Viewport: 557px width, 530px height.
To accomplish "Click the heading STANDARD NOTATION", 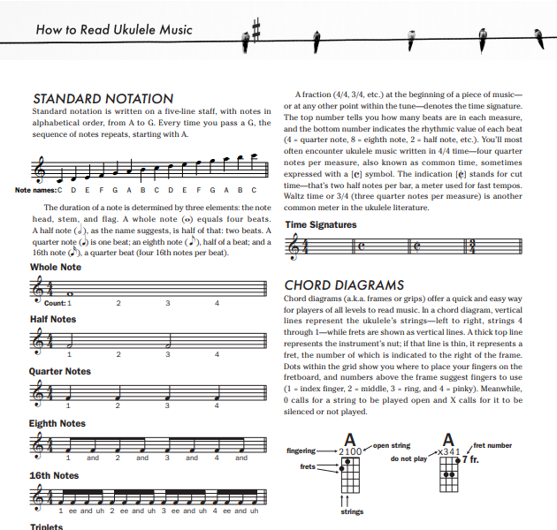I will coord(103,98).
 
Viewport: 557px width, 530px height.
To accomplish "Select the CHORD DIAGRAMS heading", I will coord(344,285).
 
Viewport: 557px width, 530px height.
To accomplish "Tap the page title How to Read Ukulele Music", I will coord(114,30).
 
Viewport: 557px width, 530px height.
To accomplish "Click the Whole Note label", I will coord(56,267).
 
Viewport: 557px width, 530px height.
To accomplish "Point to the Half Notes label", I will coord(53,319).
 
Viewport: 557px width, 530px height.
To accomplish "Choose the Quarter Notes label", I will coord(60,371).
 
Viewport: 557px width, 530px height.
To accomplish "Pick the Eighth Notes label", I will coord(57,423).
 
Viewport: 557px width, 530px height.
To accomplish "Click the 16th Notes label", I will coord(54,475).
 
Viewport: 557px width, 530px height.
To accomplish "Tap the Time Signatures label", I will coord(321,225).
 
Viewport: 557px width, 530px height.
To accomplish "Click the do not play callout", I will coord(408,459).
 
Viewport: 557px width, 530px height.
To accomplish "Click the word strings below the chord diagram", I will coord(351,510).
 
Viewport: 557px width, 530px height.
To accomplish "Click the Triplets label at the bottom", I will coord(47,526).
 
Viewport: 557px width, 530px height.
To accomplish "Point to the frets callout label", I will coord(307,466).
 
